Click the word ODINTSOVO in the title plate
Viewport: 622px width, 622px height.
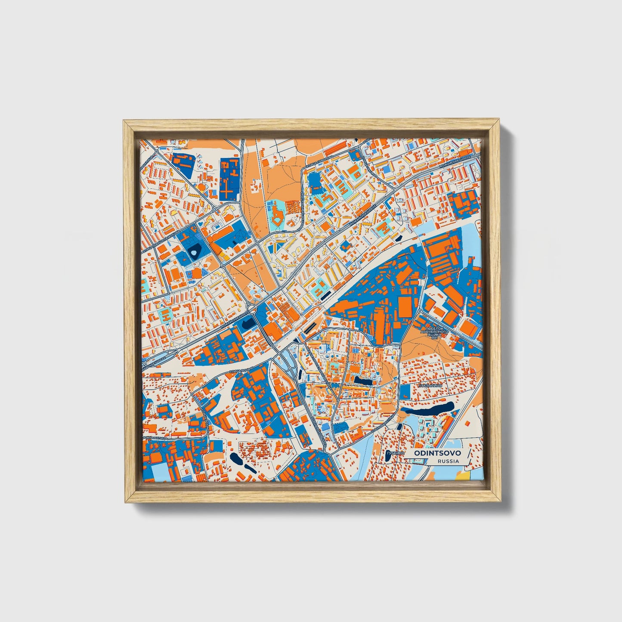(x=437, y=453)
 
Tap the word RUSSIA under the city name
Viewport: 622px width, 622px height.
(x=448, y=461)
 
